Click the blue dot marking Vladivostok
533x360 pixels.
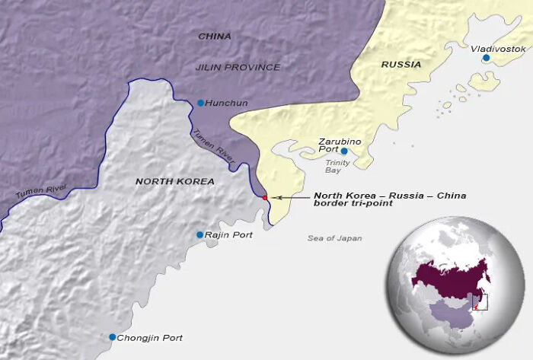(x=486, y=57)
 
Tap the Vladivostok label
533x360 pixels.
(x=498, y=49)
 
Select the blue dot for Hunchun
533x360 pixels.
(x=200, y=103)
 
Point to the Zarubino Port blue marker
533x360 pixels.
(x=344, y=151)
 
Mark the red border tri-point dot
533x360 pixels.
(x=265, y=198)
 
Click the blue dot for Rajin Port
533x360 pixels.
(x=199, y=235)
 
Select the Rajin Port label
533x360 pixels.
(x=229, y=235)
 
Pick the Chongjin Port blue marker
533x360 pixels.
(x=113, y=337)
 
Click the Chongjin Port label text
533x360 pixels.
(x=151, y=337)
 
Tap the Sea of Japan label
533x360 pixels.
(x=334, y=238)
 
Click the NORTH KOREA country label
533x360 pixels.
(x=174, y=181)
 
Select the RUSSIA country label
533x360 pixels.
(x=401, y=65)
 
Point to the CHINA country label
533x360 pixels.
(x=215, y=36)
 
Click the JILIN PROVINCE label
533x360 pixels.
(x=238, y=67)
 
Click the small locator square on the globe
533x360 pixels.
(x=480, y=302)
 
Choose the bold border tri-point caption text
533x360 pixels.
(x=390, y=200)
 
